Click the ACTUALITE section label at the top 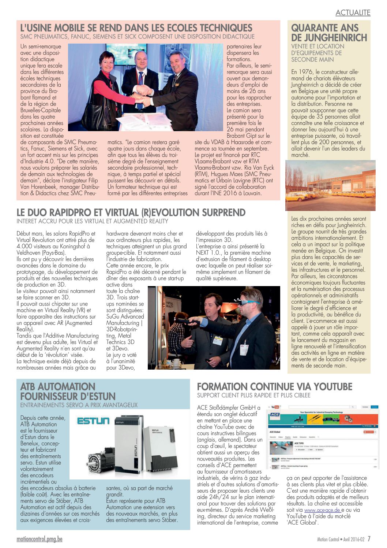[x=353, y=13]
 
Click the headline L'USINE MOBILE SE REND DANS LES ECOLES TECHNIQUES [x=136, y=28]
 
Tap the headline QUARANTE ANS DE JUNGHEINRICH [x=329, y=33]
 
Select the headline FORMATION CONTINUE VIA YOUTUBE [x=274, y=387]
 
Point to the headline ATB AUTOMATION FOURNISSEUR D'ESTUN [x=68, y=391]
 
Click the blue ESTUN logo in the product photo [x=93, y=421]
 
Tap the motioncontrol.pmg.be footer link [x=40, y=539]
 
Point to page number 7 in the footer [x=369, y=539]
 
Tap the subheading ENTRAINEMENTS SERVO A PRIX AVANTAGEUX [x=79, y=405]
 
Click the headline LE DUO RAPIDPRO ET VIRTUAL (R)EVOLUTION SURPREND [x=131, y=212]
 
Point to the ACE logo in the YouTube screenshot [x=275, y=415]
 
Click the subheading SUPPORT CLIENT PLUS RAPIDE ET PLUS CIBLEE [x=253, y=396]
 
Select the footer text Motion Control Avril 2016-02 [x=341, y=540]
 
